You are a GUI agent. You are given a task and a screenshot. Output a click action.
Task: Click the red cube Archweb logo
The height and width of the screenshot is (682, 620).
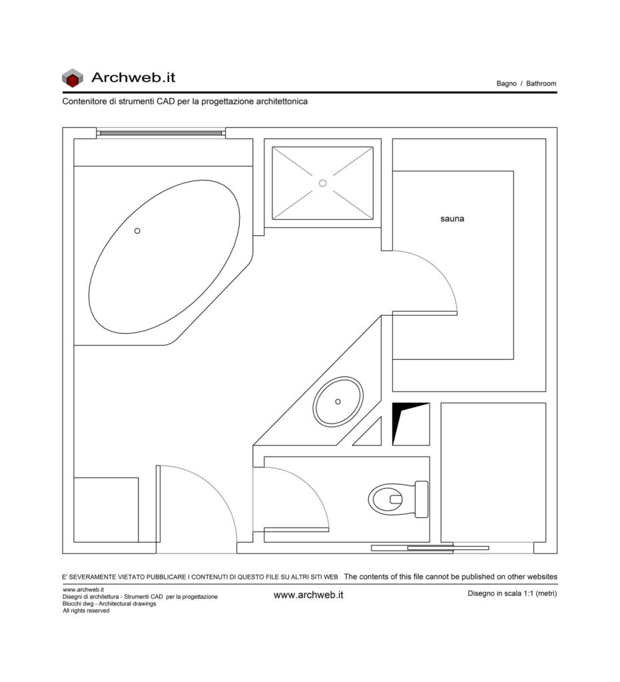(72, 78)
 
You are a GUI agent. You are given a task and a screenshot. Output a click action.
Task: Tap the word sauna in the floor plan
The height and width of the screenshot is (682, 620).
(452, 218)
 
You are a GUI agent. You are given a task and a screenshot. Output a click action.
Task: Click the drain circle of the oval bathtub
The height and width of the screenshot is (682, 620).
(137, 231)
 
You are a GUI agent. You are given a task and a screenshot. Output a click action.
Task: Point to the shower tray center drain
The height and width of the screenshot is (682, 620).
(322, 183)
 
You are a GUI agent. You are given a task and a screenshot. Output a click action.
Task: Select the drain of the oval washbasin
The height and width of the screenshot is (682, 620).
(338, 402)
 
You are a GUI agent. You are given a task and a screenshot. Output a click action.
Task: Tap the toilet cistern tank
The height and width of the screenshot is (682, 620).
(422, 500)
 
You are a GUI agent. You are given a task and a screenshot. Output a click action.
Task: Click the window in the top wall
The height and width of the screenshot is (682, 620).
(161, 133)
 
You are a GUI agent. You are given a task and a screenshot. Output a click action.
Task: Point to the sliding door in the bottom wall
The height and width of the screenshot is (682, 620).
(430, 548)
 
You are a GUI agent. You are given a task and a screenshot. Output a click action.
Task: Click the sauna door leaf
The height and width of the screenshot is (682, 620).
(425, 313)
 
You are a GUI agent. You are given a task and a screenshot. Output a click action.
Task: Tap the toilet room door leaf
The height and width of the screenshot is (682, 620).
(296, 529)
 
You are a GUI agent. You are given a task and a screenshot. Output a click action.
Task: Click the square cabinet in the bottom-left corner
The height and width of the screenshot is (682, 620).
(106, 510)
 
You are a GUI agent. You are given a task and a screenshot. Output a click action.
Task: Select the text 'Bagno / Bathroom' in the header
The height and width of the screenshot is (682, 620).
(526, 83)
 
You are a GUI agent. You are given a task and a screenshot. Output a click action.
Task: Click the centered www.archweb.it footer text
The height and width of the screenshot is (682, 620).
(308, 595)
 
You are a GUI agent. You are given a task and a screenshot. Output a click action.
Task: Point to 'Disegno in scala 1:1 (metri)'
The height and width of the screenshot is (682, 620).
(512, 593)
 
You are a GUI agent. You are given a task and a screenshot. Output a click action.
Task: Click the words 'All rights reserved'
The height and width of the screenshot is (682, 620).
(86, 611)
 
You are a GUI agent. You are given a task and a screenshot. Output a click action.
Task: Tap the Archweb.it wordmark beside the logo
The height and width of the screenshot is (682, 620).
(133, 77)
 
